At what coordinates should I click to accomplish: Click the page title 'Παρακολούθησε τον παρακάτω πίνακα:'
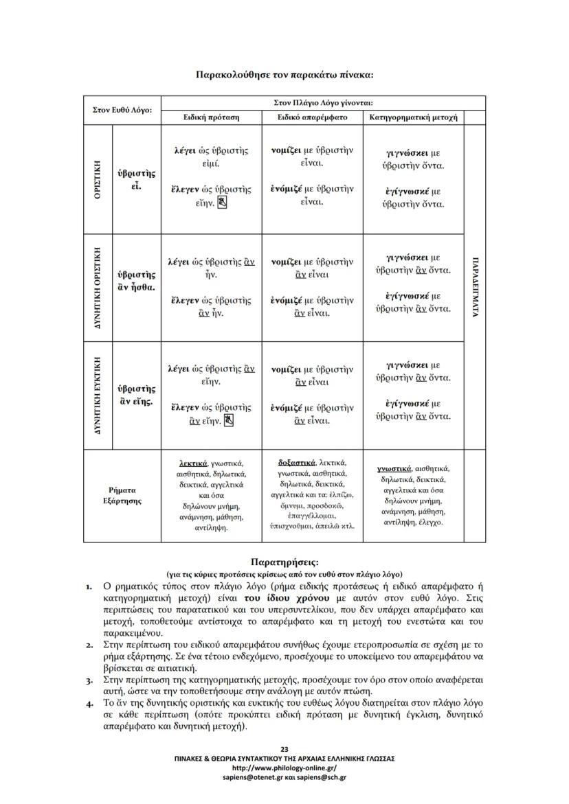click(x=284, y=74)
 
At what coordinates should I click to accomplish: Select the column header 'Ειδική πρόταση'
click(x=211, y=117)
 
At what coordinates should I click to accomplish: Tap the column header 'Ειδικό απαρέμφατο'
click(x=313, y=117)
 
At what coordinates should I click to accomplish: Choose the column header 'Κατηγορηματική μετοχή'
click(x=414, y=117)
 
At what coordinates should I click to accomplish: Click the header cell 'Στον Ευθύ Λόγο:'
click(x=122, y=111)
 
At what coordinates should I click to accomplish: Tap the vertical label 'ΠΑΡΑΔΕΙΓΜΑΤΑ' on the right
click(x=475, y=287)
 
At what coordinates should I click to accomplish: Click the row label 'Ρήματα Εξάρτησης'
click(x=122, y=495)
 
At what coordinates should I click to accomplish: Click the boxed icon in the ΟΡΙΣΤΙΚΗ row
click(x=223, y=203)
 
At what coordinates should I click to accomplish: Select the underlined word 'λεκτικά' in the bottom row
click(x=193, y=463)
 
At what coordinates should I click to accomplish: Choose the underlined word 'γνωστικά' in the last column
click(x=395, y=468)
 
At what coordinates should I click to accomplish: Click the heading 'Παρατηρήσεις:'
click(x=284, y=562)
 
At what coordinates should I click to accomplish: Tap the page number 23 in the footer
click(x=284, y=748)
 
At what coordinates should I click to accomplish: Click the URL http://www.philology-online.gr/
click(x=284, y=768)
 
